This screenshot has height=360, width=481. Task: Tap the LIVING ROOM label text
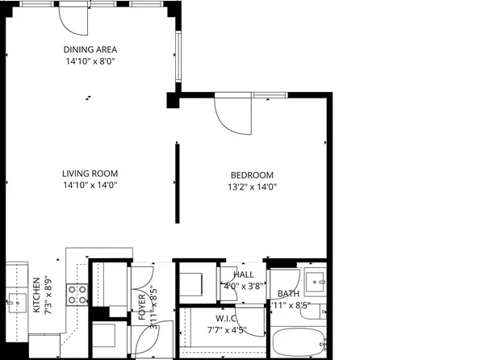(x=90, y=173)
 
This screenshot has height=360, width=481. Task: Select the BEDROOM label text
(x=252, y=175)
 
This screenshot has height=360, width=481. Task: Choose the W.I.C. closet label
(x=225, y=318)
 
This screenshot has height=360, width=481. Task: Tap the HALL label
(x=243, y=275)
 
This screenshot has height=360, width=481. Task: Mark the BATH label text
(x=289, y=295)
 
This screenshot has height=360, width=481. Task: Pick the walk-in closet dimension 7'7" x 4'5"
(x=225, y=329)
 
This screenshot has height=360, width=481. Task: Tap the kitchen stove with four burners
(x=77, y=295)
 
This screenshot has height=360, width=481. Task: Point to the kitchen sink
(x=15, y=305)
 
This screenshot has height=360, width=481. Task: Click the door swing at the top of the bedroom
(x=232, y=115)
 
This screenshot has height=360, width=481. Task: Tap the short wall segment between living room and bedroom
(x=176, y=182)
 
